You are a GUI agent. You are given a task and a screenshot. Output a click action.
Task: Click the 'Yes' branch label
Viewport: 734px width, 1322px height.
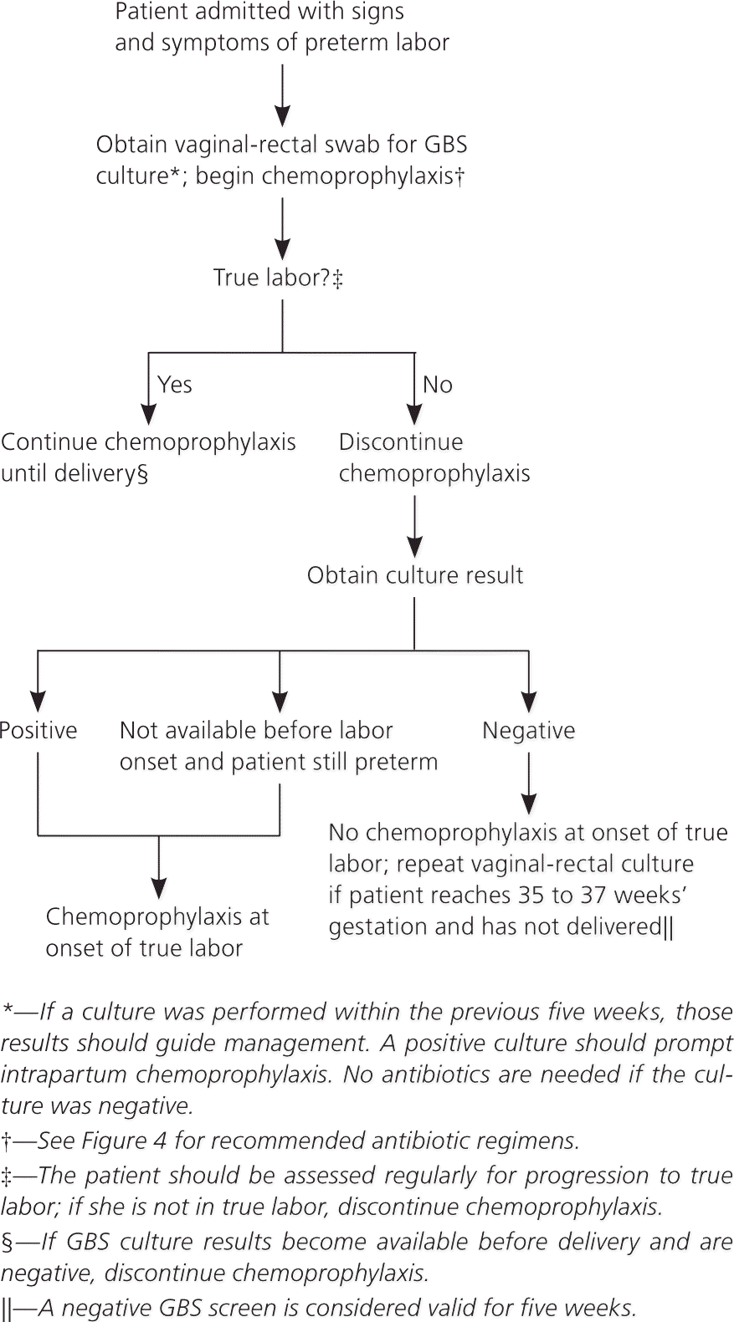(175, 385)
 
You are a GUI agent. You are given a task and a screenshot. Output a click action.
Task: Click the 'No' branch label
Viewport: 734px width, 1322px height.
(438, 385)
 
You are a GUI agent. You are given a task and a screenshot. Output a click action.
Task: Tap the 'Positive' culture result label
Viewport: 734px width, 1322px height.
(38, 730)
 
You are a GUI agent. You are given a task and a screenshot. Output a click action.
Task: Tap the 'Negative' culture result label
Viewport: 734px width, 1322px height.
(529, 730)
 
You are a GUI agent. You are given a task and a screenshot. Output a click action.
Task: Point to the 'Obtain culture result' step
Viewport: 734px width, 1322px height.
(415, 575)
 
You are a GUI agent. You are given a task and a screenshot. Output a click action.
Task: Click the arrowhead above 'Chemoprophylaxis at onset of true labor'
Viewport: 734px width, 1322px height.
(159, 887)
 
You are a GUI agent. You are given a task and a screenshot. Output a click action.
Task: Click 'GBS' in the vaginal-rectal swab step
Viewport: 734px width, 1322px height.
(446, 145)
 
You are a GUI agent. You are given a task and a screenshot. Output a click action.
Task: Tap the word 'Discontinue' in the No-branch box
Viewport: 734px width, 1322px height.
(401, 442)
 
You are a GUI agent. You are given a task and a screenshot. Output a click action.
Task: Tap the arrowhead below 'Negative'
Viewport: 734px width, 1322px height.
(529, 804)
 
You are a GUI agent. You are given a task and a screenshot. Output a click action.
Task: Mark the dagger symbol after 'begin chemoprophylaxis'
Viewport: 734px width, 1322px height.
(459, 176)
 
